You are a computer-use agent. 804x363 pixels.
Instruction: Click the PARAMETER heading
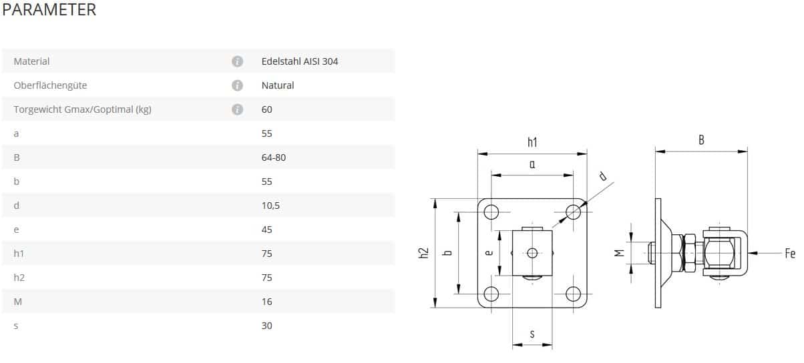(x=49, y=10)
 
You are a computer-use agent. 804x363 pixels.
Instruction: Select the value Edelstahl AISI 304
(x=300, y=61)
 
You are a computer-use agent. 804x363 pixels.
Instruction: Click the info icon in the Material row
(x=237, y=61)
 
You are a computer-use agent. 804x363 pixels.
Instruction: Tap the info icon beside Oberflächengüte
(x=237, y=85)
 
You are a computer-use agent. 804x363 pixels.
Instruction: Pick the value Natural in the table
(x=278, y=85)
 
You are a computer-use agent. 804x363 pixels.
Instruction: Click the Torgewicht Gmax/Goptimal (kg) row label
(x=83, y=109)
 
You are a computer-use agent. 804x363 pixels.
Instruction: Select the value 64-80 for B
(x=274, y=157)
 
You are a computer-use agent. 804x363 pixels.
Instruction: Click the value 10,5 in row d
(x=270, y=206)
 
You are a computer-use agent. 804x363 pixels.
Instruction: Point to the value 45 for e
(x=267, y=230)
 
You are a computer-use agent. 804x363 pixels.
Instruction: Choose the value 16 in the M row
(x=267, y=302)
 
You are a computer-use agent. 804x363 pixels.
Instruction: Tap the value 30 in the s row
(x=267, y=326)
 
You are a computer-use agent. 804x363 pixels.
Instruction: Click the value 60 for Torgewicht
(x=267, y=109)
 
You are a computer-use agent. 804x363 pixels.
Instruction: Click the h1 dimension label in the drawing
(x=532, y=141)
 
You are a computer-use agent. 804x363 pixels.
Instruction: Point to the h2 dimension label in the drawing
(x=423, y=253)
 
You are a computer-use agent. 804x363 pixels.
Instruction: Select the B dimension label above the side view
(x=701, y=140)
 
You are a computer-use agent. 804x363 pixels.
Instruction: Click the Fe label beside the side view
(x=790, y=254)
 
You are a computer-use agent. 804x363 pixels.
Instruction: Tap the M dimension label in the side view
(x=620, y=253)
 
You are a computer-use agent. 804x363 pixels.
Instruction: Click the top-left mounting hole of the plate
(x=491, y=212)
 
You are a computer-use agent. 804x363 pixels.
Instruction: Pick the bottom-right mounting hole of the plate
(x=573, y=294)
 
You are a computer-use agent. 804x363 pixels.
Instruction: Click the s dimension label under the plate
(x=532, y=334)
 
